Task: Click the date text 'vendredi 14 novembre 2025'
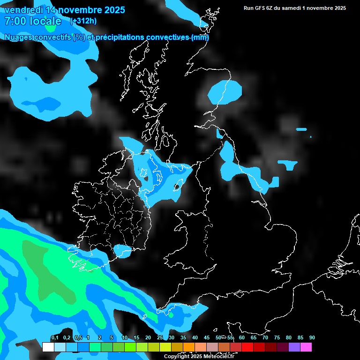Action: [x=64, y=10]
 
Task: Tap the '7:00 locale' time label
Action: [x=32, y=21]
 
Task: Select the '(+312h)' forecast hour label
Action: [x=83, y=21]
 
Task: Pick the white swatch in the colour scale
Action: [x=48, y=347]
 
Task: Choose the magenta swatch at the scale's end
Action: [x=306, y=347]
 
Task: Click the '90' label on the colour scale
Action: [x=312, y=338]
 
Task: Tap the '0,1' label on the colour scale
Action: [x=54, y=338]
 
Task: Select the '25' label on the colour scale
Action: [x=159, y=338]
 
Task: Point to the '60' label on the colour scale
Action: [x=241, y=338]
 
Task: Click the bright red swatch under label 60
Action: [x=247, y=347]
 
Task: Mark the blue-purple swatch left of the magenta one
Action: [x=294, y=347]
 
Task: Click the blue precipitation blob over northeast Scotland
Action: [x=225, y=92]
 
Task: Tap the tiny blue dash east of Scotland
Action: [x=301, y=129]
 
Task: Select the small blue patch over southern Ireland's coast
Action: [x=123, y=251]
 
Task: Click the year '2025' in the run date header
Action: [x=338, y=8]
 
